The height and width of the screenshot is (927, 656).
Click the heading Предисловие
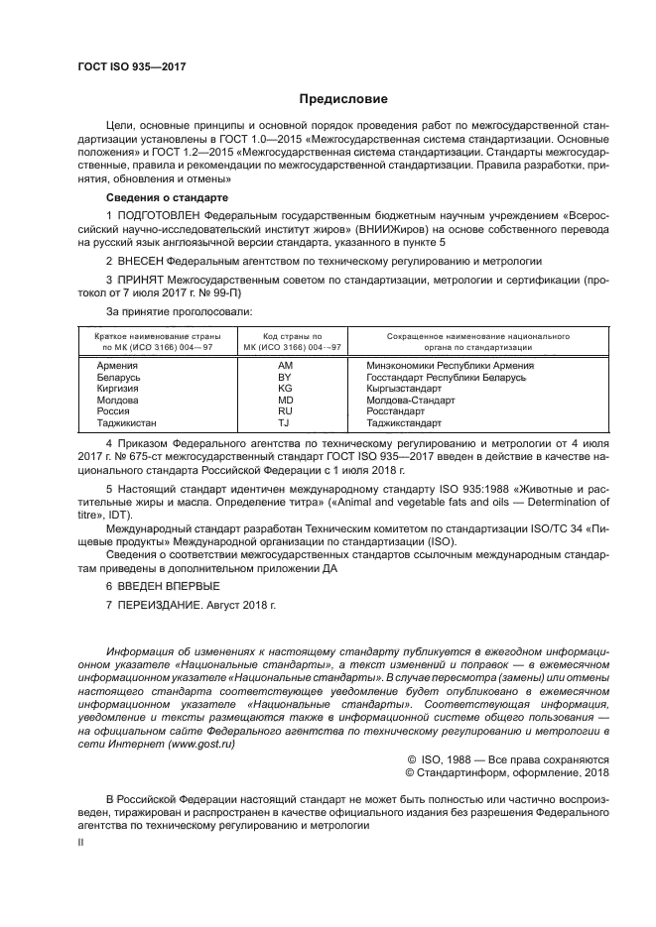pos(344,99)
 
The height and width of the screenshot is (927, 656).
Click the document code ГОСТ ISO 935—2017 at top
pos(131,66)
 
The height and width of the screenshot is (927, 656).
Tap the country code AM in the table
pos(286,366)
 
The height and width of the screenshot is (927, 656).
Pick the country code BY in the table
pos(286,378)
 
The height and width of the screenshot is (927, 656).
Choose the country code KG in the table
pos(286,390)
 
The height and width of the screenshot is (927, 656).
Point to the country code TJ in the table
pos(286,423)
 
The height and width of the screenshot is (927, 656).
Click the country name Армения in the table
pos(118,366)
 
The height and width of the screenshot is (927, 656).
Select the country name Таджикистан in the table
pos(131,423)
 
